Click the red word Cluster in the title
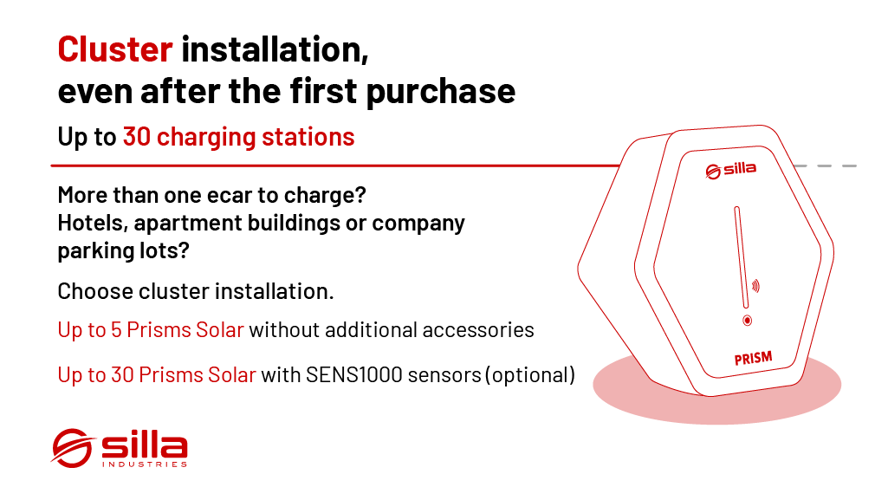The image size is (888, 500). (115, 49)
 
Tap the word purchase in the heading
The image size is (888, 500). (441, 92)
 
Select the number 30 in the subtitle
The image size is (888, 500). (137, 136)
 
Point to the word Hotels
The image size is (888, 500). (93, 223)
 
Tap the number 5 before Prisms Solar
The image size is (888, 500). (116, 329)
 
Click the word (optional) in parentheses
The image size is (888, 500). (530, 375)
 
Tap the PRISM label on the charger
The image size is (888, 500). (753, 359)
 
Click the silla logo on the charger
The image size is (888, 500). (730, 170)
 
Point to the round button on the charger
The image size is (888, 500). (748, 321)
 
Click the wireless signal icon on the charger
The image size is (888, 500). (755, 286)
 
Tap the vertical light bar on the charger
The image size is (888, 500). (742, 257)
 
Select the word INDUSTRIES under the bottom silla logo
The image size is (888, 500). (145, 464)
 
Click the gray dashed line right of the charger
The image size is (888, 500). (826, 166)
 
